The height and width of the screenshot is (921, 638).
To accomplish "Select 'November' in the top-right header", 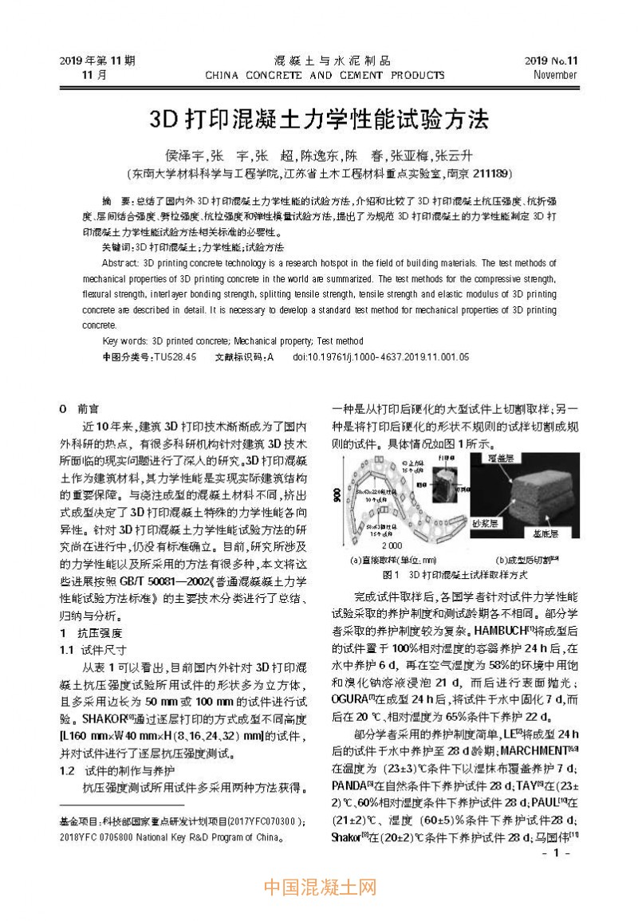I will pos(555,75).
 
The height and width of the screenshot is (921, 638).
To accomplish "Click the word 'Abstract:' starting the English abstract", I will pos(121,262).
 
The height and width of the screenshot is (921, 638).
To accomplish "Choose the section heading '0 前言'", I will pos(80,407).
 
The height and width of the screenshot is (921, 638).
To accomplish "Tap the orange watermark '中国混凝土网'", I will pos(319,887).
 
